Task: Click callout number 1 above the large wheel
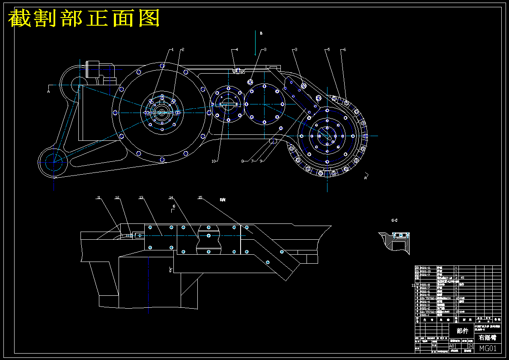pos(173,50)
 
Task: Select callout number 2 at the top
pos(183,50)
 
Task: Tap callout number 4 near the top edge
pos(237,50)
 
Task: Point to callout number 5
pos(328,50)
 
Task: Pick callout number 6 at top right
pos(345,50)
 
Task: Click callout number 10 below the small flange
pos(214,161)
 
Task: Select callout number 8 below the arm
pos(242,161)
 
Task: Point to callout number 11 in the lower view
pos(98,198)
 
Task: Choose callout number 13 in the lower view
pos(141,198)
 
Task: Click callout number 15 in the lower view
pos(200,198)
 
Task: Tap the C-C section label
pos(394,220)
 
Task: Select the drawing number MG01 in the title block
pos(488,348)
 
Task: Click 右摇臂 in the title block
pos(488,338)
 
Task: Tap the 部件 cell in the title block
pos(462,331)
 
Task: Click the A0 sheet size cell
pos(452,346)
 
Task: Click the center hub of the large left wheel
pos(162,113)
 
